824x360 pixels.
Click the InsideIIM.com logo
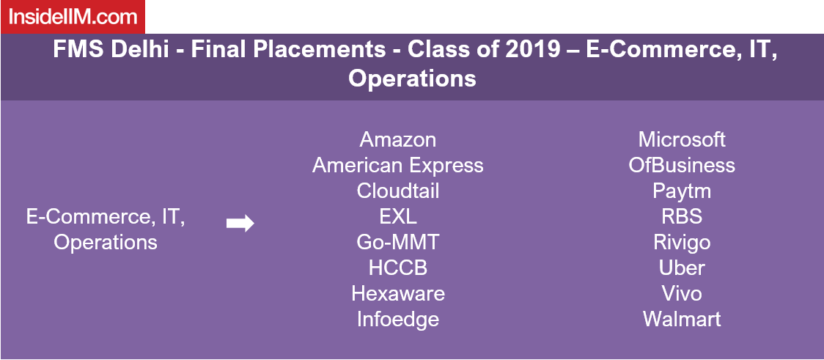(x=72, y=17)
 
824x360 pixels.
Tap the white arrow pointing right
(x=240, y=224)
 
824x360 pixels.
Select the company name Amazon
(x=398, y=140)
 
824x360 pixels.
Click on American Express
(x=398, y=166)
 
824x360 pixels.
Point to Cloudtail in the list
(x=398, y=191)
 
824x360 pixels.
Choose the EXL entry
(x=398, y=216)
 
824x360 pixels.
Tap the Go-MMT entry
(x=398, y=242)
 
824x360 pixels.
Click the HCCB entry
(x=398, y=268)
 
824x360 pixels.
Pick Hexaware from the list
(x=398, y=293)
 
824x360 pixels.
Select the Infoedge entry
(x=398, y=319)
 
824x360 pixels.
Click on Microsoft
(x=682, y=140)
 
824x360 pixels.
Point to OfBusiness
(x=682, y=166)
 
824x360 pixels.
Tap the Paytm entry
(x=682, y=191)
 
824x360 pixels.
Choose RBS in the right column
(x=682, y=216)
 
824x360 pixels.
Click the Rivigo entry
(x=682, y=243)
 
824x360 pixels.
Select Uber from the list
(x=682, y=268)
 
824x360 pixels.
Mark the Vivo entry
(x=682, y=293)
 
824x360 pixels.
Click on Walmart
(x=682, y=319)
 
